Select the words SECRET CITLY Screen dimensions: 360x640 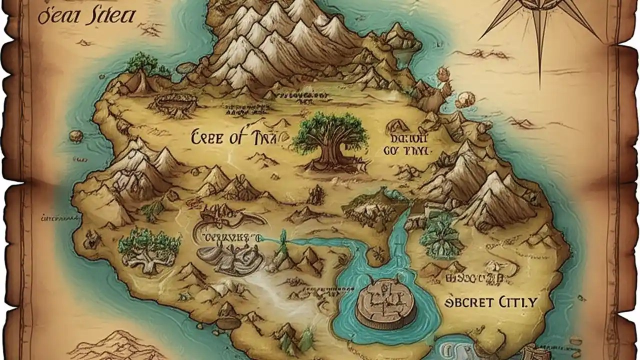[x=490, y=302]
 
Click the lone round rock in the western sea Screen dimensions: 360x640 [x=76, y=135]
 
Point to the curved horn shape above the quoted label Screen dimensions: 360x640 [x=235, y=218]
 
